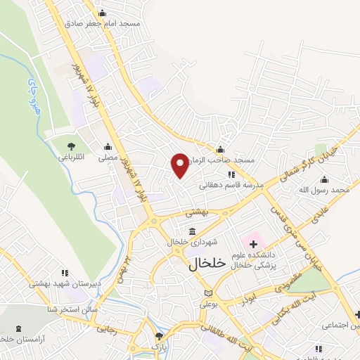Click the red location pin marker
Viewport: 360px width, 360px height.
[181, 165]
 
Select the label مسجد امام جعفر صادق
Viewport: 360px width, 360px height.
[103, 22]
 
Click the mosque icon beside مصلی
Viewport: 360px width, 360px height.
[108, 147]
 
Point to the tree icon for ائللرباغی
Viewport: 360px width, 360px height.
[71, 146]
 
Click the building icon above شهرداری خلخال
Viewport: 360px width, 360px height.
[192, 231]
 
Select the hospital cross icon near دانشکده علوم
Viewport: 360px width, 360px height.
[253, 243]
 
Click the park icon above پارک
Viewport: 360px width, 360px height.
[160, 336]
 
